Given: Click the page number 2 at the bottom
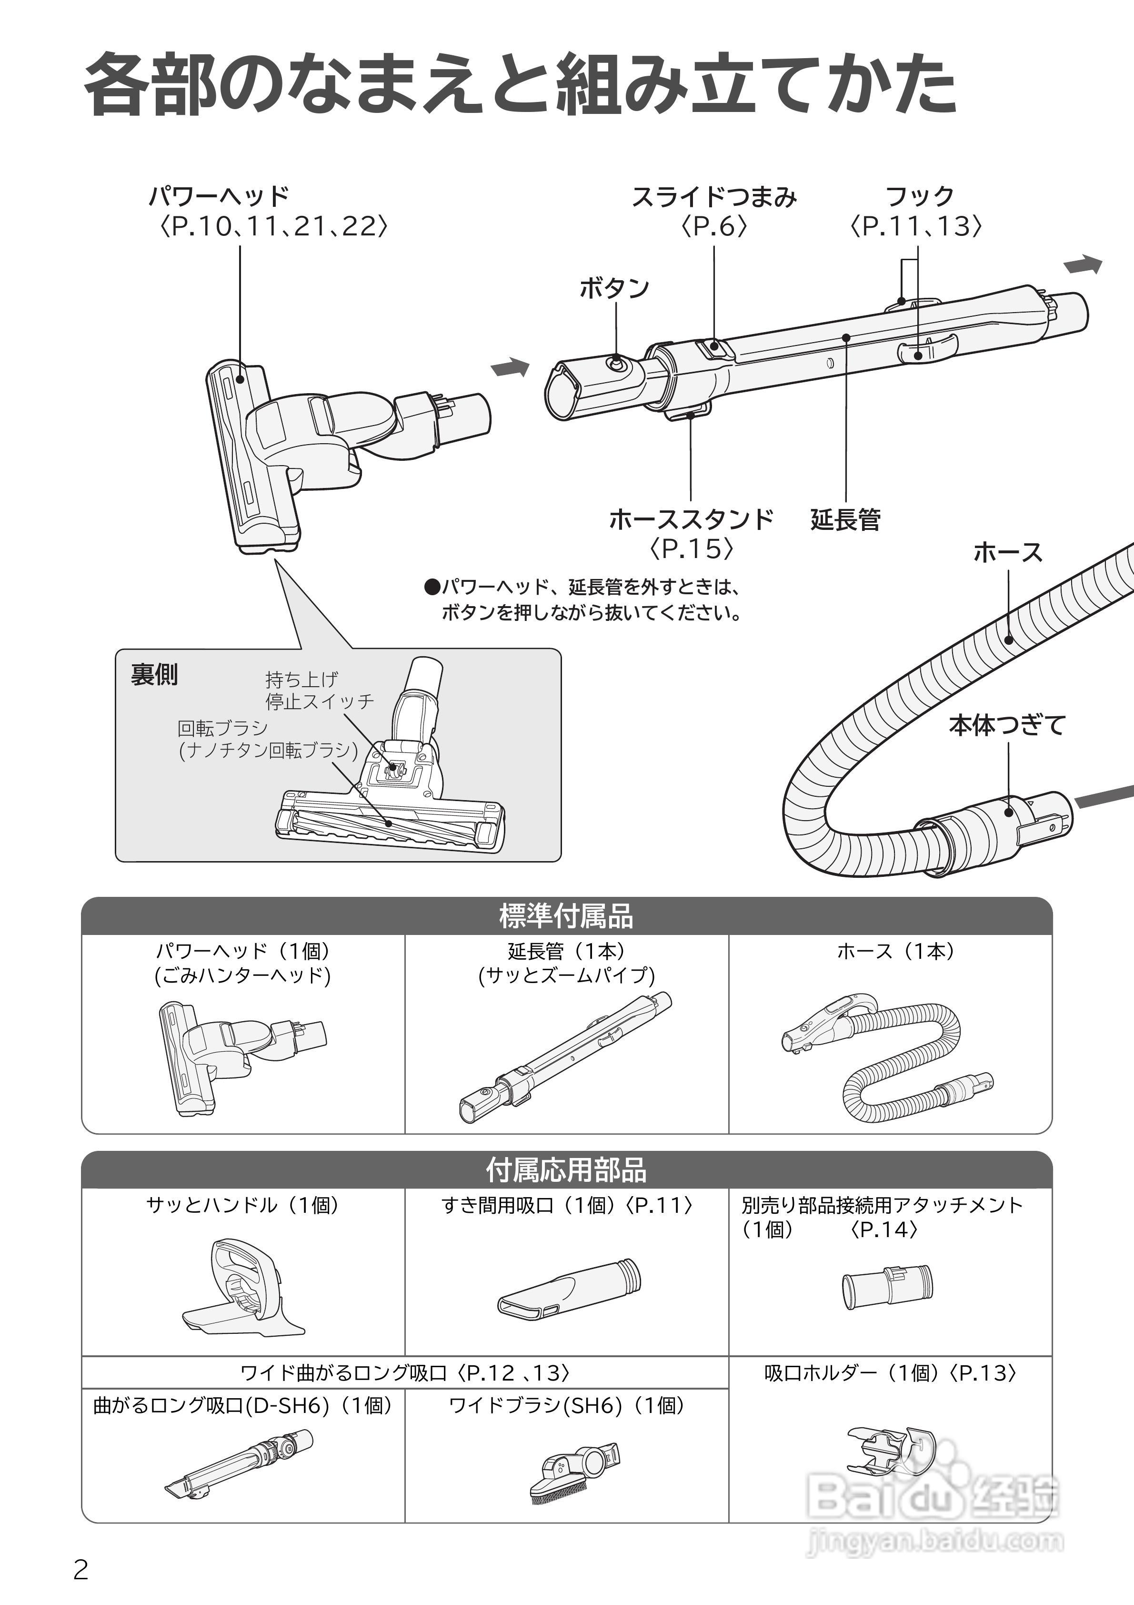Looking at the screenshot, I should pos(81,1570).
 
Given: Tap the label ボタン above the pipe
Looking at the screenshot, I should pos(614,288).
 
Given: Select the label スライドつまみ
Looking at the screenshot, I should pos(714,197).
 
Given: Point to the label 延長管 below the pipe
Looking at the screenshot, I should pos(845,519).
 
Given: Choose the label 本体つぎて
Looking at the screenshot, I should pos(1007,726).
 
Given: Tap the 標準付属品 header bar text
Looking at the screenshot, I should pos(567,916).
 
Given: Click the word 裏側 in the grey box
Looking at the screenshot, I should pos(154,675).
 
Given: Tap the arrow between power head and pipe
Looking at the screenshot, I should pos(510,366).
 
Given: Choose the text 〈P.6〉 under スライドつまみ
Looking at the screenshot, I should pos(714,226).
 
